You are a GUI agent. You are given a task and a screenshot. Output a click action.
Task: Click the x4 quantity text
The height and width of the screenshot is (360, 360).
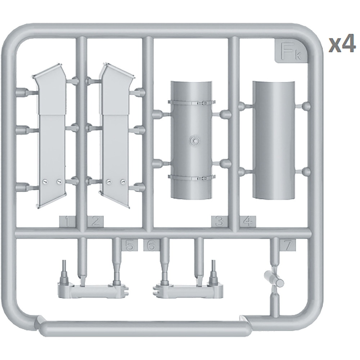342,45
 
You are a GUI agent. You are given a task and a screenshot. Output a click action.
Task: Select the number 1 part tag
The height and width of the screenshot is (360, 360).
67,221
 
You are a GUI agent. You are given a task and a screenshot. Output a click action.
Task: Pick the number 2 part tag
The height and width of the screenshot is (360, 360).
95,221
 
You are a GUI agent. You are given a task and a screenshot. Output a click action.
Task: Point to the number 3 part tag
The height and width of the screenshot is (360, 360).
219,221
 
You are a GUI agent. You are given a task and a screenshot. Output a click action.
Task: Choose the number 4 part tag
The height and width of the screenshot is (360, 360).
248,221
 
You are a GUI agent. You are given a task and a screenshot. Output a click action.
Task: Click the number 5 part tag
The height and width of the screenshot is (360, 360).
130,245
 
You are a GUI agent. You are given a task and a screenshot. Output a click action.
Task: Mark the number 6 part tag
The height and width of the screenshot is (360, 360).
152,245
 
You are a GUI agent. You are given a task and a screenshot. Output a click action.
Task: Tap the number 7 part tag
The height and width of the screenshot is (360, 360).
287,245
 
